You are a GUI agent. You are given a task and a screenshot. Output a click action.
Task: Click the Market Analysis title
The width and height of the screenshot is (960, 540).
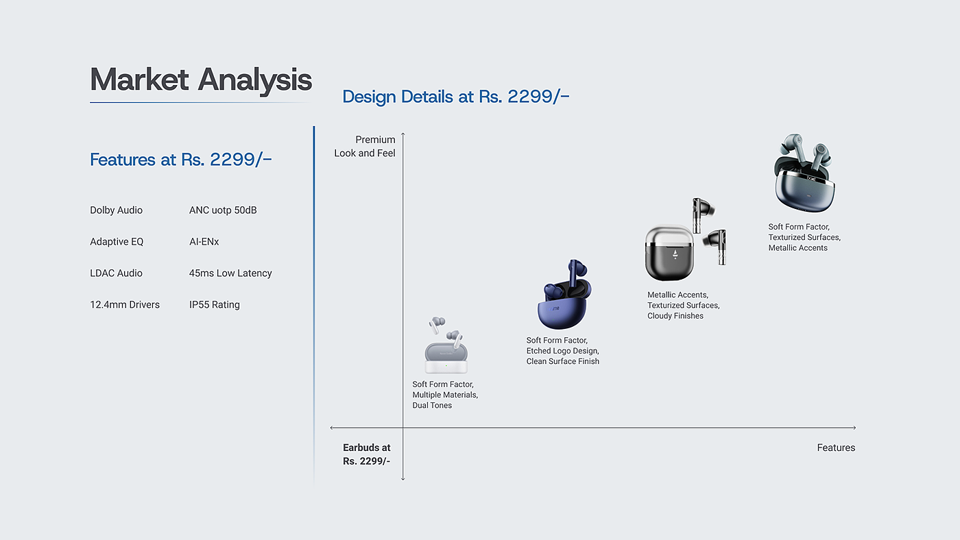(x=200, y=80)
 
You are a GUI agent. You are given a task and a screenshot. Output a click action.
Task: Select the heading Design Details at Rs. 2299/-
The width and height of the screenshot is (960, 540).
(x=456, y=97)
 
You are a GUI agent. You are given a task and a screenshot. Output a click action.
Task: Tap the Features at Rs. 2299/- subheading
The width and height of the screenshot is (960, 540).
(x=181, y=160)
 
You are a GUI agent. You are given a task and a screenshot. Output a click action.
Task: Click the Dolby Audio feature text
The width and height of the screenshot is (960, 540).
(x=116, y=210)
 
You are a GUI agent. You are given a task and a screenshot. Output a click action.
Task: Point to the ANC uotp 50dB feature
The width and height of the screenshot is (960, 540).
(x=223, y=210)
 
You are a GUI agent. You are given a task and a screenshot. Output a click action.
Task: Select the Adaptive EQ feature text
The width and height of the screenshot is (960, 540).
(x=117, y=242)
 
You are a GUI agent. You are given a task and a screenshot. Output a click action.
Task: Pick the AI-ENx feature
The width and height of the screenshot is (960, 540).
(x=204, y=242)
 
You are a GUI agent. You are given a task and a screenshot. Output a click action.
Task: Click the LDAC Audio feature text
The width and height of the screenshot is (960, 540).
(x=116, y=273)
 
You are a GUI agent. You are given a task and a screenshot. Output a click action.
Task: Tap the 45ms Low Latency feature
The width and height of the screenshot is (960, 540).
(x=230, y=273)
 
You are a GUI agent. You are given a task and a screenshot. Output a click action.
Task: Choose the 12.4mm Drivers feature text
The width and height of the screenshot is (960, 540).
(x=125, y=305)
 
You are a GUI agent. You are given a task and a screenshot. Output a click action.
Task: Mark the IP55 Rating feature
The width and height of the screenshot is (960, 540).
(x=215, y=305)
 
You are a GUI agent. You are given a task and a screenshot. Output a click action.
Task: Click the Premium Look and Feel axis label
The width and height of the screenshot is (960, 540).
(x=365, y=147)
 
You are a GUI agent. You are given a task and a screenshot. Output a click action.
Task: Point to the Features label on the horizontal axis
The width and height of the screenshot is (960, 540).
(x=836, y=448)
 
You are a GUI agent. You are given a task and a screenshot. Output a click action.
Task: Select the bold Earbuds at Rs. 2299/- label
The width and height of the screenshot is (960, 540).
(x=366, y=454)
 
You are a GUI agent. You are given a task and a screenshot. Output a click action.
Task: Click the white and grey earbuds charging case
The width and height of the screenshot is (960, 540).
(x=446, y=358)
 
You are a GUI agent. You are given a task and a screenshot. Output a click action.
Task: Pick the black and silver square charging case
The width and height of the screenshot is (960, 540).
(x=669, y=253)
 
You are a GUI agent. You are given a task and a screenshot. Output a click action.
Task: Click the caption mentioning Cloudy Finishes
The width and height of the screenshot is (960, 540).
(x=684, y=306)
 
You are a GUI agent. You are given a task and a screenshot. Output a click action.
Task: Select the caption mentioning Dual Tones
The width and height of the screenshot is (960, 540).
(x=445, y=395)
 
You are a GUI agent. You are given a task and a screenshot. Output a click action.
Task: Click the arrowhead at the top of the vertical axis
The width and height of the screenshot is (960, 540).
(x=403, y=134)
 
